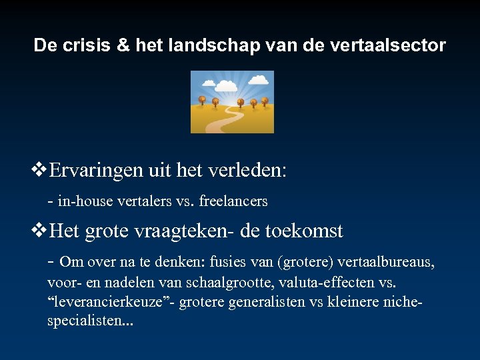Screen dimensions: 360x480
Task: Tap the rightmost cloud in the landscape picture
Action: tap(261, 85)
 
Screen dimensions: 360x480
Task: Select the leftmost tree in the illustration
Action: tap(201, 100)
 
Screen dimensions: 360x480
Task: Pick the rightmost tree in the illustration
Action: tap(265, 101)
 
